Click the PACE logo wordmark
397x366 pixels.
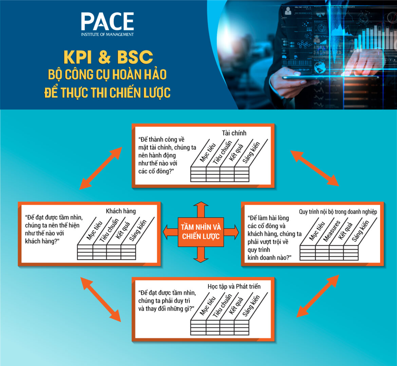click(107, 22)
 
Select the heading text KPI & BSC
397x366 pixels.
click(108, 57)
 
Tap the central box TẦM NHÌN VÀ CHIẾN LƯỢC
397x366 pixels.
click(201, 232)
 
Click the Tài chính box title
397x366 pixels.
click(234, 133)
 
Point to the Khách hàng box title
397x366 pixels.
click(121, 211)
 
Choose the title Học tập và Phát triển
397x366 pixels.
click(234, 286)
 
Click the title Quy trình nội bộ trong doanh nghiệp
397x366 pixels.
click(338, 212)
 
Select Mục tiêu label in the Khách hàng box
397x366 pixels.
click(94, 231)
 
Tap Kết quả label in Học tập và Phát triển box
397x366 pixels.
click(236, 306)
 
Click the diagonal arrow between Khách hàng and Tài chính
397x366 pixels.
click(100, 168)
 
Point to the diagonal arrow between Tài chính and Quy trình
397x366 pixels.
click(315, 168)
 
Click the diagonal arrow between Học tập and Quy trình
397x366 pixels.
click(318, 296)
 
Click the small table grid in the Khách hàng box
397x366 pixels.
click(107, 253)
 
